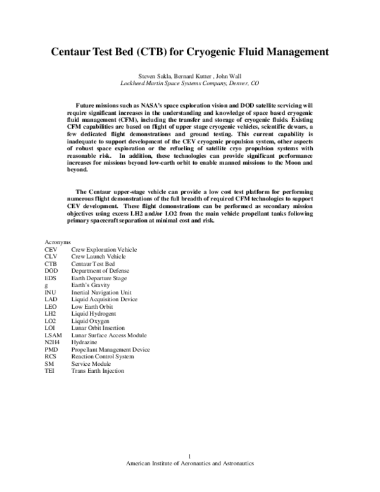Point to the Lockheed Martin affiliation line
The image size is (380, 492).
coord(190,83)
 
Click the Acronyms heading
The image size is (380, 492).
coord(58,243)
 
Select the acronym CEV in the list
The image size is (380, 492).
coord(51,250)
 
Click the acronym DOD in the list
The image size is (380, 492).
coord(51,271)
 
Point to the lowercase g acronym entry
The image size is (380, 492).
coord(46,285)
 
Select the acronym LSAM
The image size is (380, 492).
coord(53,335)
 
